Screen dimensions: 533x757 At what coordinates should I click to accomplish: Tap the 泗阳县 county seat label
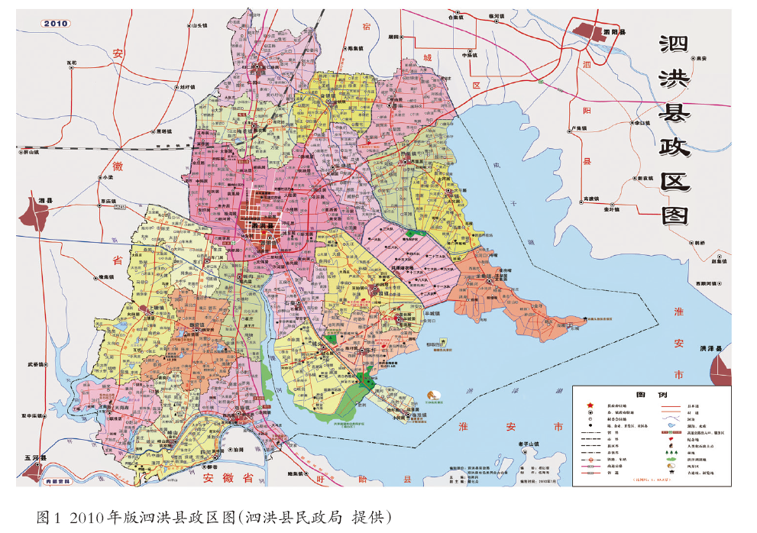[x=613, y=33]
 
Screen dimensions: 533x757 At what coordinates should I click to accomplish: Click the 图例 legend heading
[x=652, y=395]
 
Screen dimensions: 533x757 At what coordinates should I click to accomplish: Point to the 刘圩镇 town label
[x=178, y=87]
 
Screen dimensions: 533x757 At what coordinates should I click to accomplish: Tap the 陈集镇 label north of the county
[x=357, y=48]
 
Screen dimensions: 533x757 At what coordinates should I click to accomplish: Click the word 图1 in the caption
[x=48, y=517]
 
